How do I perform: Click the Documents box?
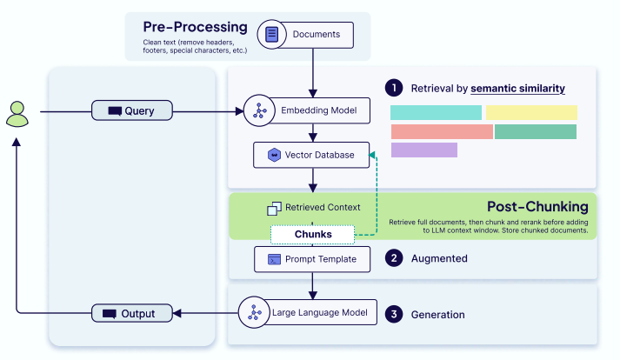[x=311, y=36]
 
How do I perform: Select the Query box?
[x=133, y=111]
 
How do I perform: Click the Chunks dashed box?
[x=313, y=234]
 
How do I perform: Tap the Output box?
[x=133, y=312]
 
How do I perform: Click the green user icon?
[x=17, y=112]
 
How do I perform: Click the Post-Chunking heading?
[x=537, y=206]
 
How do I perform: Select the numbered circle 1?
[x=394, y=88]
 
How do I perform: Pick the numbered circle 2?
[x=394, y=258]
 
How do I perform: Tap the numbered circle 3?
[x=394, y=314]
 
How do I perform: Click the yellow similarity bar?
[x=531, y=112]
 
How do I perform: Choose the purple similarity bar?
[x=423, y=150]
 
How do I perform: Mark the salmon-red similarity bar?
[x=442, y=131]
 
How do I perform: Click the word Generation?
[x=438, y=314]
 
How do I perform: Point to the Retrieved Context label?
[x=321, y=208]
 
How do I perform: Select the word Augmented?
[x=439, y=258]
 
